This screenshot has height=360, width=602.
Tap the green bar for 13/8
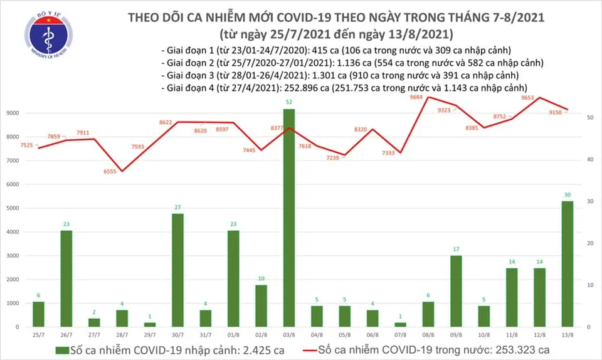pyautogui.click(x=566, y=263)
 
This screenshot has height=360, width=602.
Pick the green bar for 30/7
pyautogui.click(x=178, y=270)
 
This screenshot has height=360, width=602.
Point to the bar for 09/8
pyautogui.click(x=455, y=291)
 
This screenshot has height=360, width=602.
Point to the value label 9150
pyautogui.click(x=556, y=113)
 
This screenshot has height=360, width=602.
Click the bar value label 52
pyautogui.click(x=288, y=102)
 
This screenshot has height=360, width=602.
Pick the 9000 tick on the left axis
pyautogui.click(x=13, y=114)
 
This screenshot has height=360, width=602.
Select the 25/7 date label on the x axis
pyautogui.click(x=39, y=334)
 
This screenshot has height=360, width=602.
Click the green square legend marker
pyautogui.click(x=61, y=349)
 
